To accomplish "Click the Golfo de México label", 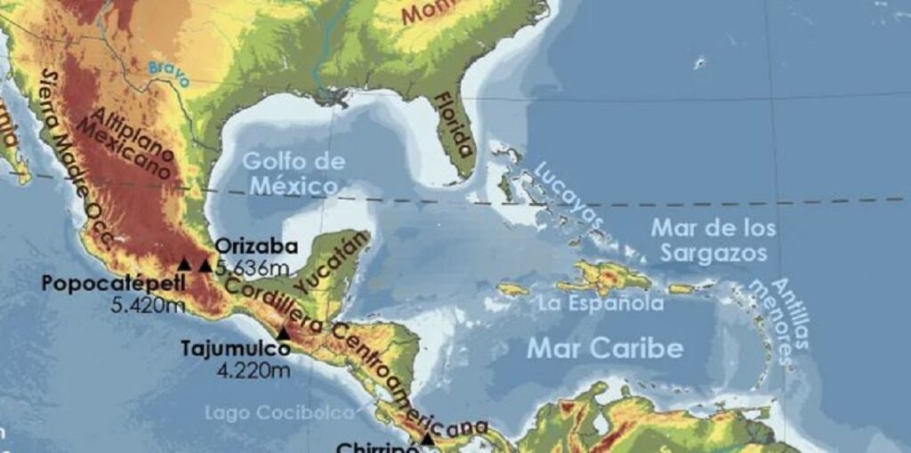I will click(x=293, y=174).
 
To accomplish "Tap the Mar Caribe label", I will click(x=604, y=347).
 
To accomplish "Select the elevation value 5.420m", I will click(x=149, y=305).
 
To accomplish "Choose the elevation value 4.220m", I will click(x=254, y=370).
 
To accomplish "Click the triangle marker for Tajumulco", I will click(x=283, y=334).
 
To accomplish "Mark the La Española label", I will click(x=601, y=303).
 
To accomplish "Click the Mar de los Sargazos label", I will click(x=713, y=240).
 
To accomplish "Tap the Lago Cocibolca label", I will click(x=279, y=413).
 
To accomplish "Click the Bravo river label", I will click(x=169, y=72).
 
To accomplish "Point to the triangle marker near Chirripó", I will click(x=428, y=438).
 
